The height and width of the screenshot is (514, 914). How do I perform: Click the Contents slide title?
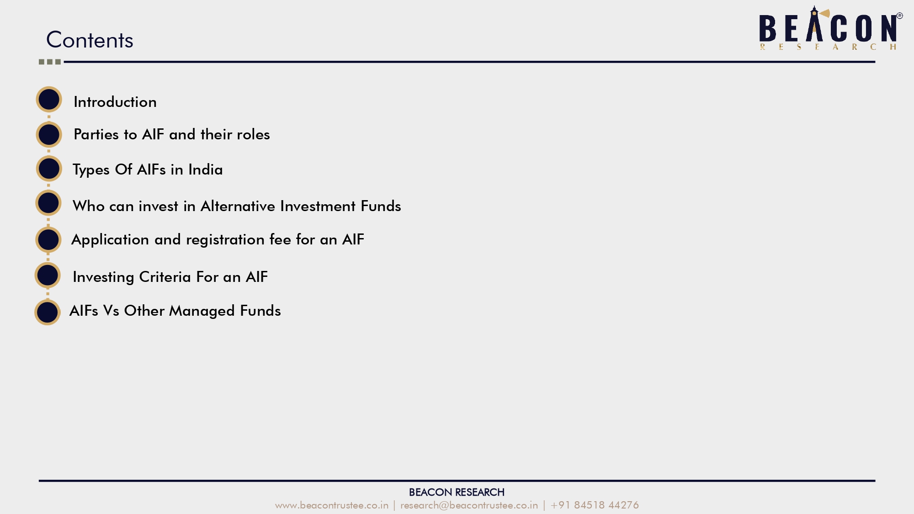(90, 40)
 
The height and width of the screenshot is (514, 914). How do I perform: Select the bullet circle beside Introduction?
(49, 99)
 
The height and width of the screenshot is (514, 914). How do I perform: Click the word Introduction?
(115, 102)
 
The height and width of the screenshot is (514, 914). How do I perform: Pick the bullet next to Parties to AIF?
(49, 134)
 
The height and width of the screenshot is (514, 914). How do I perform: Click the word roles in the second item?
(253, 134)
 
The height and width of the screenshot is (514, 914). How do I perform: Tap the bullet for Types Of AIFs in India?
(49, 169)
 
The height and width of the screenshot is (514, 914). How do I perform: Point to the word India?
(206, 170)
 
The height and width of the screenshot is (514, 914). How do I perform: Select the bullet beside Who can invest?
(48, 203)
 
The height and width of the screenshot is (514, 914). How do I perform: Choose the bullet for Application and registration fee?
(48, 239)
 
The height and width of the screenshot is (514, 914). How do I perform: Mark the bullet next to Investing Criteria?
(48, 275)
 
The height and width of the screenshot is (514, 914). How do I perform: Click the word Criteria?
(165, 277)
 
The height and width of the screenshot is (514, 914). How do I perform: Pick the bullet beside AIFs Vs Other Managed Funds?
(48, 313)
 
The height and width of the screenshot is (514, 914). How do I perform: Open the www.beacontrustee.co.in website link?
(332, 505)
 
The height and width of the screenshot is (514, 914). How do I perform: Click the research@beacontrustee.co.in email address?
(469, 505)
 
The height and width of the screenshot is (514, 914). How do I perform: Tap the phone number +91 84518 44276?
(595, 505)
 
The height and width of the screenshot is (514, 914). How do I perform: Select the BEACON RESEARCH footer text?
(457, 492)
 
